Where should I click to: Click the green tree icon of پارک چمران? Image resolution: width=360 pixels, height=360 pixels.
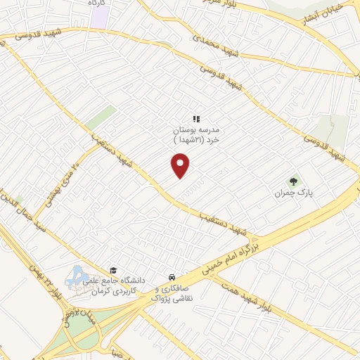[294, 181]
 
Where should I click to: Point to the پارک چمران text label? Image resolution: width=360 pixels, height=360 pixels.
[295, 192]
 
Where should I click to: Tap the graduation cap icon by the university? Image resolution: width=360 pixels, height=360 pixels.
[112, 270]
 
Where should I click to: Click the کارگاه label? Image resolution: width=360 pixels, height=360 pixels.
[96, 4]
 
